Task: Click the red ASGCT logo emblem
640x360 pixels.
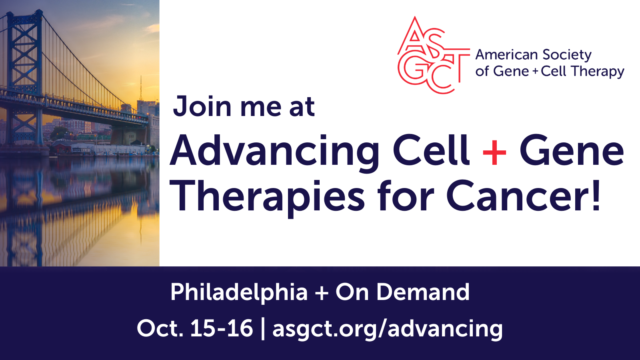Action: (434, 55)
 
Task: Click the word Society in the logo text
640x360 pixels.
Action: (567, 55)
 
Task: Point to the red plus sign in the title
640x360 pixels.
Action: (494, 152)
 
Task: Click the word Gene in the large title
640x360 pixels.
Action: (572, 150)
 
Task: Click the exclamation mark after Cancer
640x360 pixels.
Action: (596, 196)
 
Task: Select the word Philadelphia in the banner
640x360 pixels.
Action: (239, 292)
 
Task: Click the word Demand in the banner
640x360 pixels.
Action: (423, 292)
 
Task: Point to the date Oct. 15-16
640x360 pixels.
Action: (195, 328)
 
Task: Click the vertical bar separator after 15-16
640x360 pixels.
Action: (263, 329)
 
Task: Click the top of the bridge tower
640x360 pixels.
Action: (25, 12)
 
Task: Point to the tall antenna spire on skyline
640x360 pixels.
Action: (140, 88)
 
